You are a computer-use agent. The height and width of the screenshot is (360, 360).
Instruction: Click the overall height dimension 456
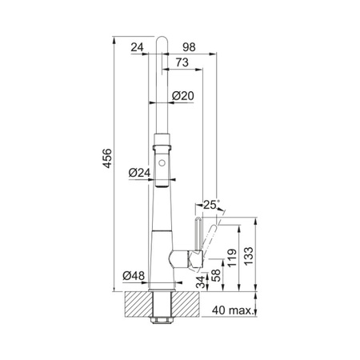tap(107, 158)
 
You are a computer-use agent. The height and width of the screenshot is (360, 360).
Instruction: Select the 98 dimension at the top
tap(189, 47)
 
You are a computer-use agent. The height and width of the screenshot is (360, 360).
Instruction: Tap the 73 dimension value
tap(182, 62)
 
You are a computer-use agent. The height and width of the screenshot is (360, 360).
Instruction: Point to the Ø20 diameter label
tap(182, 96)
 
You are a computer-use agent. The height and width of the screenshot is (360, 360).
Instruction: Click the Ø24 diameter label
tap(139, 173)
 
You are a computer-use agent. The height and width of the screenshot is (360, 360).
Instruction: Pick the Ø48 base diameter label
tap(134, 275)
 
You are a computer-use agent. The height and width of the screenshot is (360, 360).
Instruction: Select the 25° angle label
tap(211, 205)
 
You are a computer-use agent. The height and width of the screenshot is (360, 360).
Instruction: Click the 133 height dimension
tap(249, 256)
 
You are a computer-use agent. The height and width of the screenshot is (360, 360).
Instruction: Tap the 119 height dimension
tap(232, 258)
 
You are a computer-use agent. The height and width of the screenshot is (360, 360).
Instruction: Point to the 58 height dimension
tap(216, 275)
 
